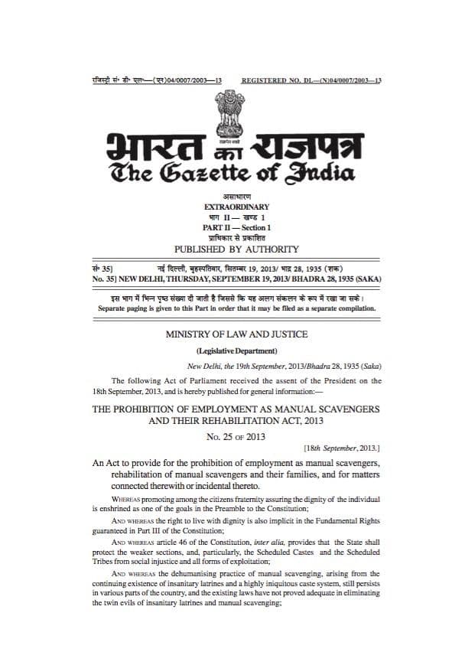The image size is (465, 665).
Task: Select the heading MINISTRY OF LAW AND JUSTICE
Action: point(238,334)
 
